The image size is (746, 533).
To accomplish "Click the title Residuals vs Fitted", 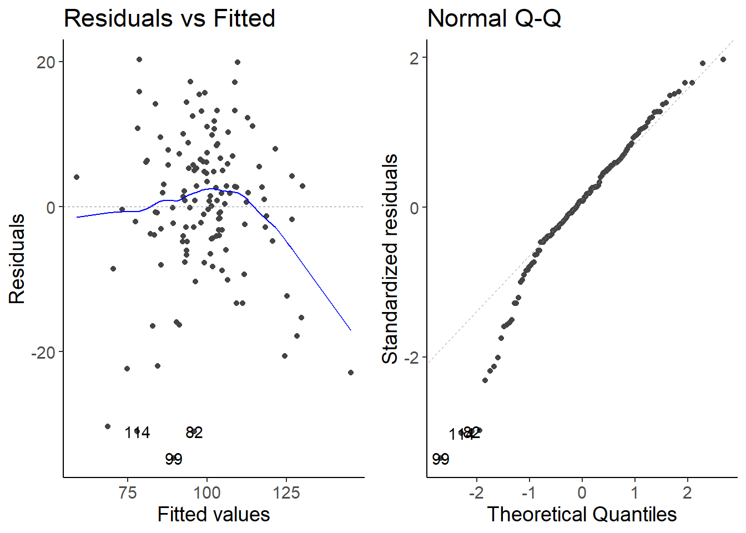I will tap(169, 18).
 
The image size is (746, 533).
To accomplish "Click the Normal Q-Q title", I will tap(494, 18).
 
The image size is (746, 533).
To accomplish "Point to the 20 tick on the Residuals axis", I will tap(46, 62).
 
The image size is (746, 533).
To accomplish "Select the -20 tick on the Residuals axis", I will tap(43, 353).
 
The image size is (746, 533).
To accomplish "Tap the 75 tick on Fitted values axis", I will tap(128, 492).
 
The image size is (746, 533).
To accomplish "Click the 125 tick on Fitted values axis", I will tap(286, 492).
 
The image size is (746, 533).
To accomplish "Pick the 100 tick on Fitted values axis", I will tap(207, 492).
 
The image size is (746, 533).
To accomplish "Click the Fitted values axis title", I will tap(214, 515).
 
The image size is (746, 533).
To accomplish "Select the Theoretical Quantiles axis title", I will tap(582, 515).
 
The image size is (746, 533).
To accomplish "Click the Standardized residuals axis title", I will tap(390, 259).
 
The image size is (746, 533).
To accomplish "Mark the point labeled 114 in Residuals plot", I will tap(138, 430).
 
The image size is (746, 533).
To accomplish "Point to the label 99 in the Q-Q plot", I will tap(441, 459).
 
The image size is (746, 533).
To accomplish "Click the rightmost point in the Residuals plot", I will tap(351, 373).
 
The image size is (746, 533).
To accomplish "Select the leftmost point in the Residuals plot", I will tap(77, 177).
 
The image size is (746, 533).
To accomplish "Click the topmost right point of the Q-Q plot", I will tap(723, 59).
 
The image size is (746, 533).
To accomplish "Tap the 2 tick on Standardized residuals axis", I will tap(415, 58).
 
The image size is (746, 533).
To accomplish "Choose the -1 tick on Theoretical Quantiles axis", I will tap(529, 492).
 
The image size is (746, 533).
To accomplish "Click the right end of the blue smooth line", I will tap(351, 330).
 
